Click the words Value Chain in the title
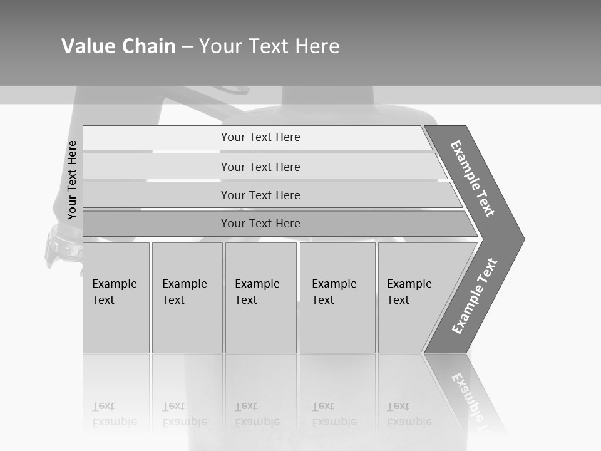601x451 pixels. (x=118, y=46)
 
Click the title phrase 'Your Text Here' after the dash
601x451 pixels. (x=269, y=46)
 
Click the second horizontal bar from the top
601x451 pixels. (x=260, y=167)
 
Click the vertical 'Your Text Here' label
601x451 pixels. (x=72, y=180)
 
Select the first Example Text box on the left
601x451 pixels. (x=116, y=298)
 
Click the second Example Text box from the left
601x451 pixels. (x=187, y=298)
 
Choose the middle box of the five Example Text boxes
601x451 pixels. (x=260, y=298)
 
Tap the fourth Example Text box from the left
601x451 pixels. (x=337, y=298)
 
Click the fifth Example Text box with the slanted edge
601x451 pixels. (x=413, y=298)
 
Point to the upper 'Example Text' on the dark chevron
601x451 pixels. (x=473, y=179)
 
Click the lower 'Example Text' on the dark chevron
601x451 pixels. (x=475, y=296)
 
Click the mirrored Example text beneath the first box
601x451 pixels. (x=114, y=414)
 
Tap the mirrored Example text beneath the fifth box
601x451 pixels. (x=409, y=414)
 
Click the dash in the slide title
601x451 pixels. (x=187, y=47)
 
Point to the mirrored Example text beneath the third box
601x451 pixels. (x=257, y=414)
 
